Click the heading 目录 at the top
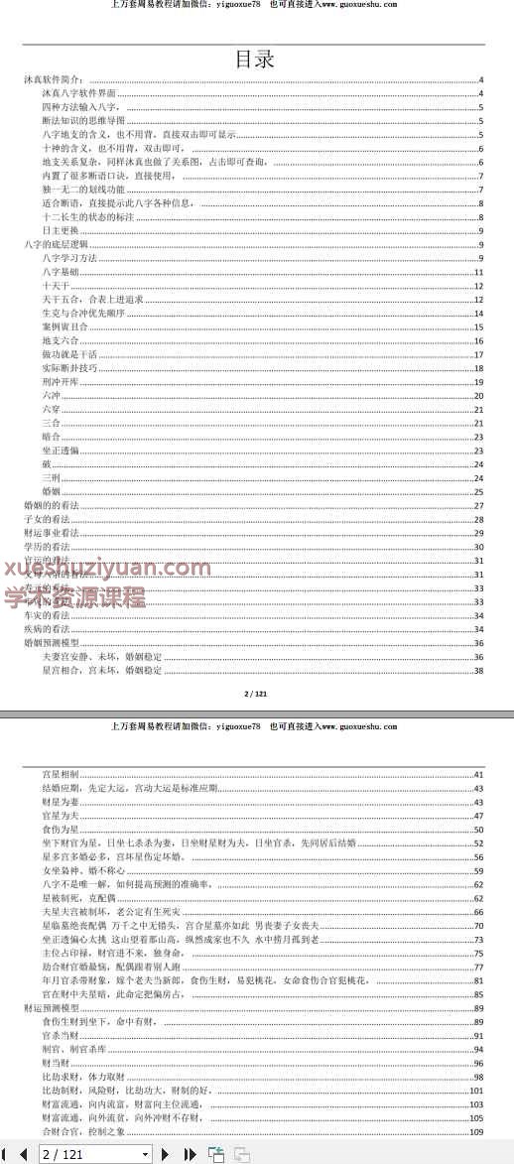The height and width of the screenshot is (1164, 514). coord(254,59)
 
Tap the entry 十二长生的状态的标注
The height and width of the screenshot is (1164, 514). coord(77,216)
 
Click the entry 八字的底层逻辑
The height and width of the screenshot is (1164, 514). coord(55,244)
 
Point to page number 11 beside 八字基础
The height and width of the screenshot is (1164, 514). coord(478,272)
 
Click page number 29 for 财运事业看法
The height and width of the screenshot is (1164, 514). coord(478,533)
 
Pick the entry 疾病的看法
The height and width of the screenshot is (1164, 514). coord(46,629)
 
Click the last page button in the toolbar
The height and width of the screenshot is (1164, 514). coord(191,1154)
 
